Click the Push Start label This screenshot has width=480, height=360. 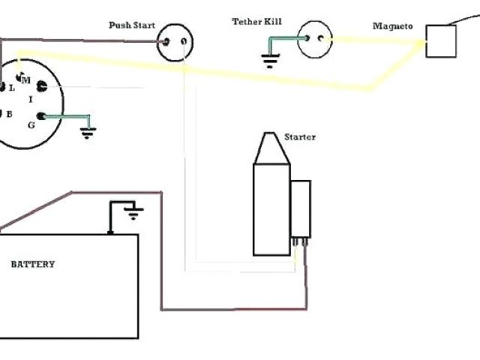131,25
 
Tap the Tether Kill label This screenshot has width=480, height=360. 256,22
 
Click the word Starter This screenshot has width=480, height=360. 300,137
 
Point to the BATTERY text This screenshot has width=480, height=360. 32,264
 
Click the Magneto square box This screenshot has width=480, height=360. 441,41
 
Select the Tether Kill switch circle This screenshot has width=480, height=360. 314,38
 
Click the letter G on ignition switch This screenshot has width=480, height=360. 31,124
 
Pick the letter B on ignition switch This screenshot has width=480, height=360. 9,113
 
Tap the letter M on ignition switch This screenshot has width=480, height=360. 25,79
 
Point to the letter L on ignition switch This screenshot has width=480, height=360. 11,88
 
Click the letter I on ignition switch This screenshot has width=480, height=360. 30,99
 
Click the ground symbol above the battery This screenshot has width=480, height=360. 133,214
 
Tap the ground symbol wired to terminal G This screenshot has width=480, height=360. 88,133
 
